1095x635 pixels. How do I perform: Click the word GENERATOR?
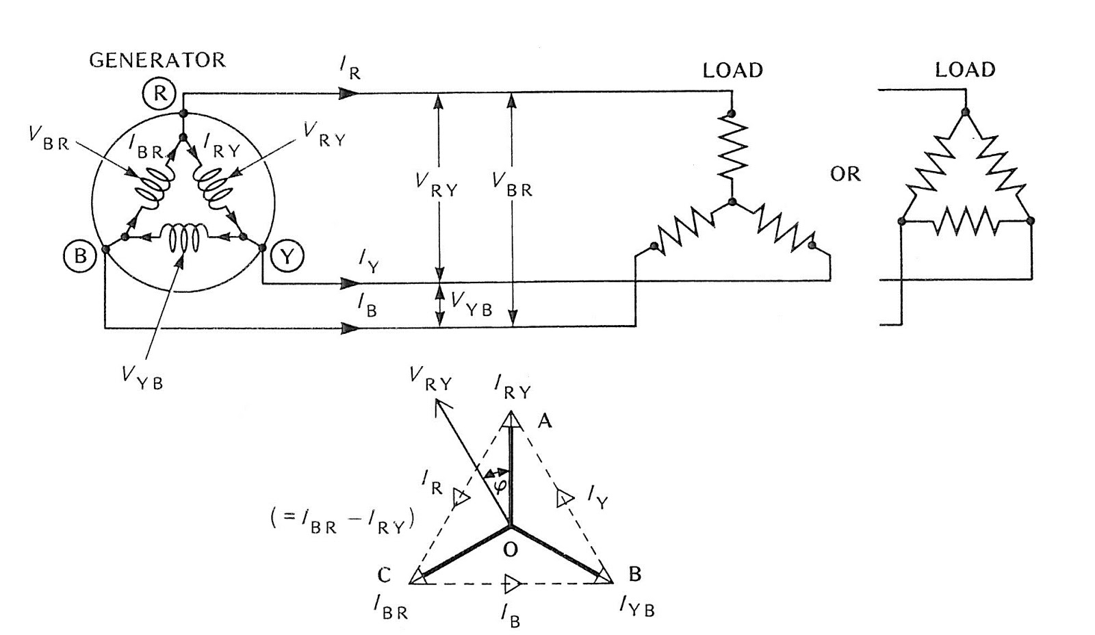[157, 60]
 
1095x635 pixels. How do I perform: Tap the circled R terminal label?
[159, 93]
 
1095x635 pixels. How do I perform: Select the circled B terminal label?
[80, 256]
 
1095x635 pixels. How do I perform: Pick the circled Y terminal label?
[287, 257]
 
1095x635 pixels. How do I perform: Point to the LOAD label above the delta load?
[965, 70]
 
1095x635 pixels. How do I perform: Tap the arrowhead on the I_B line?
[350, 328]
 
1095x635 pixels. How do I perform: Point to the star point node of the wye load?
[732, 202]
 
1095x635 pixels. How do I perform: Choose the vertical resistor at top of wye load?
[732, 145]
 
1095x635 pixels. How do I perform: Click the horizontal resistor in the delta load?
[966, 221]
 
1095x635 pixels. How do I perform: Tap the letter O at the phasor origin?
[510, 549]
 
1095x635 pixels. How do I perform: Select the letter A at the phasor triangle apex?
[545, 422]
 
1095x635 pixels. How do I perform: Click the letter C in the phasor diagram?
[385, 575]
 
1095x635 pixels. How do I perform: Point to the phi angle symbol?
[500, 485]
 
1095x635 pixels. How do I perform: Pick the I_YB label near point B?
[636, 606]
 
